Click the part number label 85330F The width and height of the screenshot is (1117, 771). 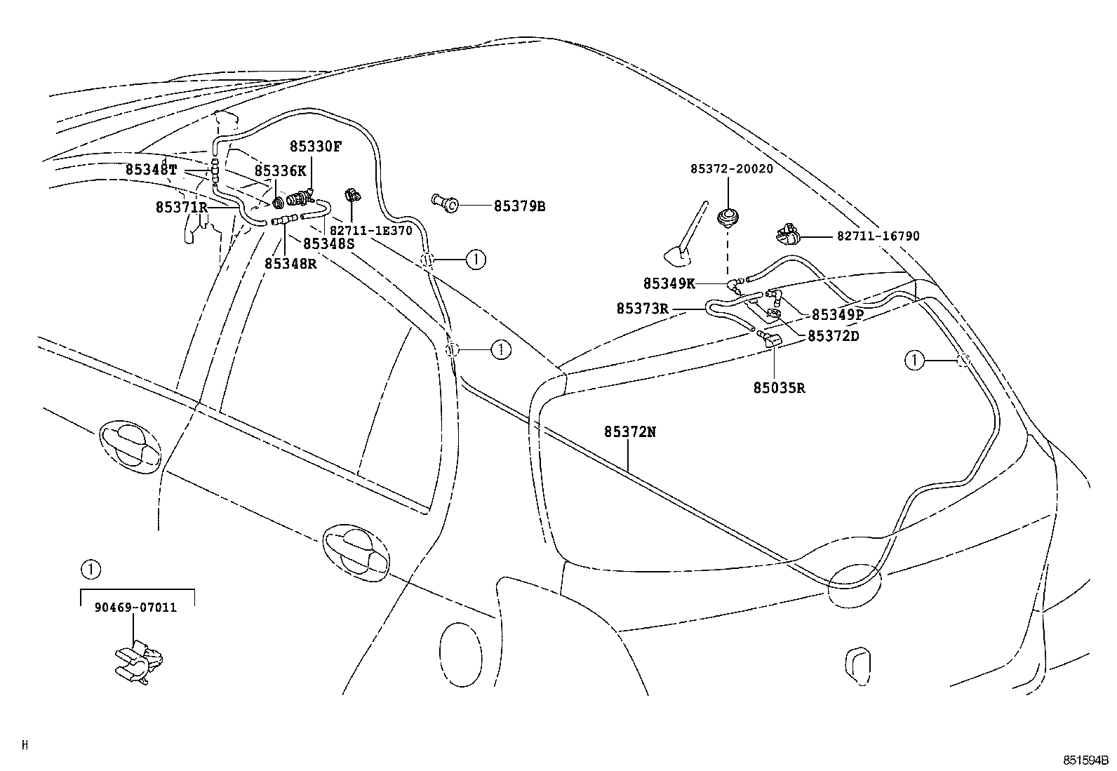click(316, 147)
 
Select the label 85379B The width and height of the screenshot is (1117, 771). click(519, 206)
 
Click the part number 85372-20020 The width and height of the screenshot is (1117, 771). click(731, 169)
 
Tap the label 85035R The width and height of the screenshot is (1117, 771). click(779, 387)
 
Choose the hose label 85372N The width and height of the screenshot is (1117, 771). click(630, 432)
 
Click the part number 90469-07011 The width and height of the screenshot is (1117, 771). click(135, 608)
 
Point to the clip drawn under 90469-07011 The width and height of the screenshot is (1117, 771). click(139, 662)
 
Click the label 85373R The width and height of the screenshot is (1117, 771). click(642, 308)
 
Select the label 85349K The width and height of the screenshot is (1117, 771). click(669, 283)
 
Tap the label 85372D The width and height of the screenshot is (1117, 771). click(833, 336)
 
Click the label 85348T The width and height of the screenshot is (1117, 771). click(152, 169)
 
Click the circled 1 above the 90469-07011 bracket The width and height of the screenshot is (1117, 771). click(90, 568)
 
